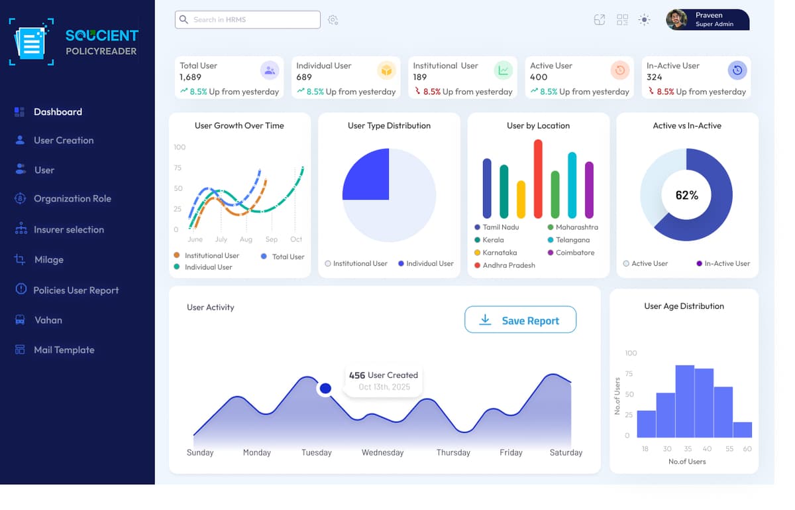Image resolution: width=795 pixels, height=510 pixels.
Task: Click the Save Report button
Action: pyautogui.click(x=520, y=320)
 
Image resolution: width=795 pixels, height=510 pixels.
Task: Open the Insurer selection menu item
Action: pyautogui.click(x=68, y=229)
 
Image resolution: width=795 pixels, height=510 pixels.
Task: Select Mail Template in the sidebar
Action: pyautogui.click(x=64, y=350)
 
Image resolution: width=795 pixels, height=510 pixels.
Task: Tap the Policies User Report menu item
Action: pyautogui.click(x=76, y=290)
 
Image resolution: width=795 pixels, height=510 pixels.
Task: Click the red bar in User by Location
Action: pyautogui.click(x=538, y=179)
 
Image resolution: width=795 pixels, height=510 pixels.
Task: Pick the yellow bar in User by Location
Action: pyautogui.click(x=521, y=199)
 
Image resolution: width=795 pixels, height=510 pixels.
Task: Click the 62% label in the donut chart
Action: pyautogui.click(x=686, y=195)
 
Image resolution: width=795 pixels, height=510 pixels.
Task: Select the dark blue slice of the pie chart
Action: pyautogui.click(x=366, y=174)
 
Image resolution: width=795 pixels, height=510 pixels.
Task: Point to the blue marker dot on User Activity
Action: pyautogui.click(x=325, y=388)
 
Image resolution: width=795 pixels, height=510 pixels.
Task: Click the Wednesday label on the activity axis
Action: pyautogui.click(x=382, y=452)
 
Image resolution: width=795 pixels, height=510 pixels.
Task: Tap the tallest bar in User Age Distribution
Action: pyautogui.click(x=684, y=401)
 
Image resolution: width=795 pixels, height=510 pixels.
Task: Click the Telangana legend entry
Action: pyautogui.click(x=572, y=239)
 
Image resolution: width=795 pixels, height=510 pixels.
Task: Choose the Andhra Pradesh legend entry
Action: pyautogui.click(x=508, y=265)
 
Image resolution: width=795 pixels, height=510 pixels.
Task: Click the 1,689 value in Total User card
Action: pyautogui.click(x=191, y=77)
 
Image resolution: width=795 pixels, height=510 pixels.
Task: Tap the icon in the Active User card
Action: pyautogui.click(x=619, y=70)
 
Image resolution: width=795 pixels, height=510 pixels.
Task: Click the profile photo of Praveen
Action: pyautogui.click(x=676, y=20)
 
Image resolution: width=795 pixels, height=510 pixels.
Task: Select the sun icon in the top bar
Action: pyautogui.click(x=644, y=20)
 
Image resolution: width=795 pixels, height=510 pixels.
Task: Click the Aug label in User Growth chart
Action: pyautogui.click(x=246, y=239)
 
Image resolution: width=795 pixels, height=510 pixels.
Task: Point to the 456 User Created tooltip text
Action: pyautogui.click(x=384, y=375)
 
